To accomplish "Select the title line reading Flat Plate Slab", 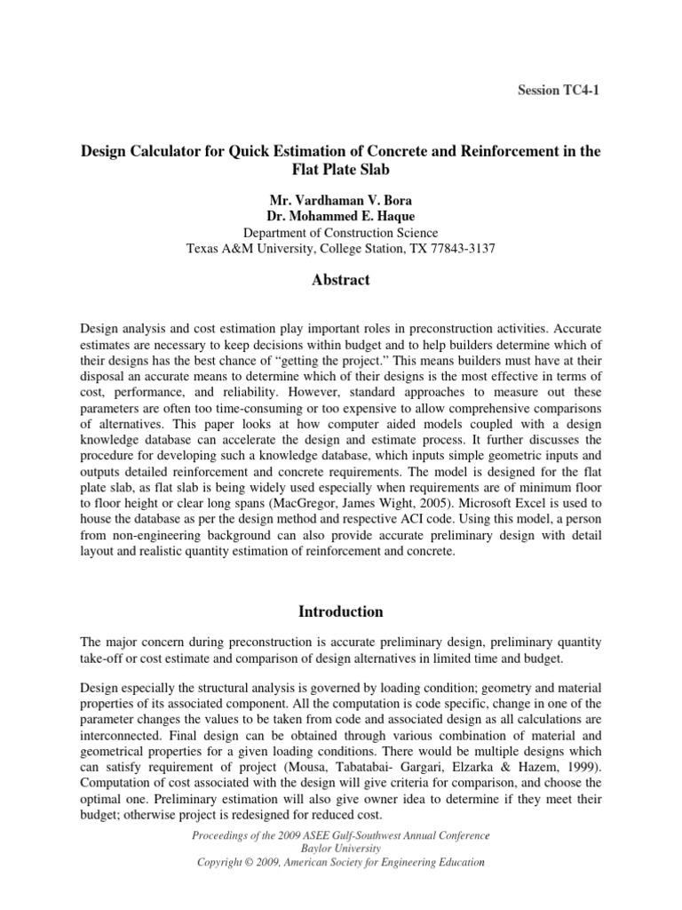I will point(340,171).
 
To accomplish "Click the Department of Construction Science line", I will point(340,232).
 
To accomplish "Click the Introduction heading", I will point(340,611).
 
